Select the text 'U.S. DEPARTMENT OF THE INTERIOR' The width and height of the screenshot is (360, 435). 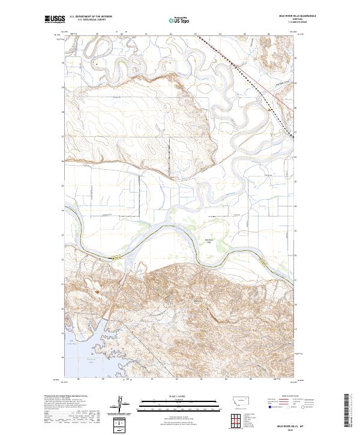click(x=91, y=16)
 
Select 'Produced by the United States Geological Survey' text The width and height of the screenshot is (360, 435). click(x=63, y=397)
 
